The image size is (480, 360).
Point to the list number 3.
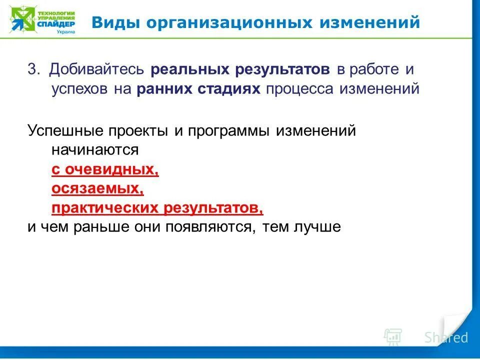pos(33,69)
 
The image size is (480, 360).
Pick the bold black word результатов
pos(279,69)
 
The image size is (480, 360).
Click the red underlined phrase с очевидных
pos(105,169)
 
